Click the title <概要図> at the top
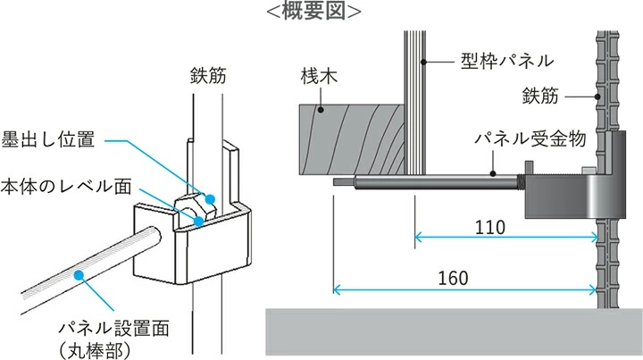point(313,11)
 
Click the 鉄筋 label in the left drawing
point(208,76)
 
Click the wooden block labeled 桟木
point(352,138)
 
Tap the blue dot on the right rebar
point(595,96)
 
